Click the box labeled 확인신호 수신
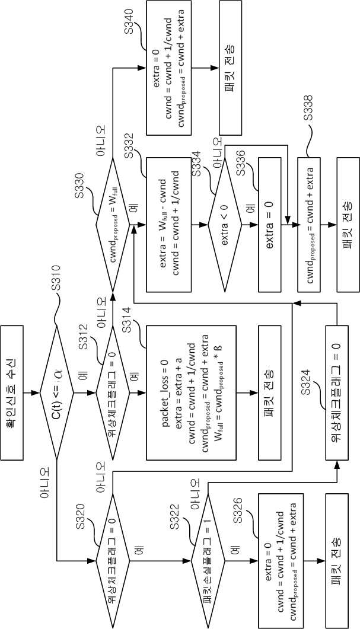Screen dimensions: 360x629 (12, 392)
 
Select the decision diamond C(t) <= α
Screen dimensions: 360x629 (56, 392)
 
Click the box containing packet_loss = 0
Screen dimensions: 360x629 (192, 392)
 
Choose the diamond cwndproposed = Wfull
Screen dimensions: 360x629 (113, 225)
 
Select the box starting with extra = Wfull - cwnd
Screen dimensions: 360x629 (169, 225)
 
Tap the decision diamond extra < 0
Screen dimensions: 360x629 (225, 225)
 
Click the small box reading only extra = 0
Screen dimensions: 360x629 (270, 225)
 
